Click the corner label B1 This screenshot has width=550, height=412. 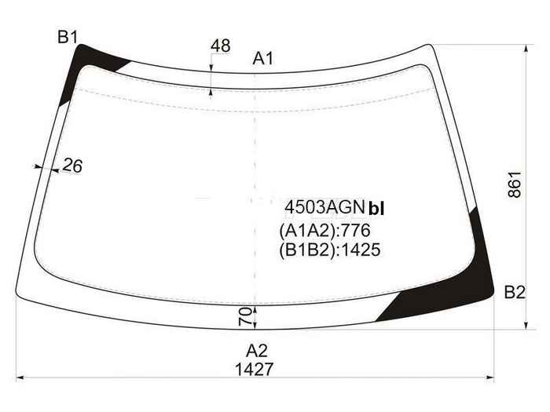[68, 37]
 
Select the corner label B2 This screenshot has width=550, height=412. [515, 292]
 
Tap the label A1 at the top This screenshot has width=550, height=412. [262, 59]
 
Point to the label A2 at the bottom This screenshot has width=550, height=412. [257, 351]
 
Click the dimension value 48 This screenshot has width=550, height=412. [221, 46]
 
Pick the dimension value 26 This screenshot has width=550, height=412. [72, 166]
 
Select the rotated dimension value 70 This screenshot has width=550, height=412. [245, 316]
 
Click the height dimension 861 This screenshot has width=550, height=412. [515, 184]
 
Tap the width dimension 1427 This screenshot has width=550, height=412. [254, 370]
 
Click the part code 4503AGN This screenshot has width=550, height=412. [324, 207]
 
